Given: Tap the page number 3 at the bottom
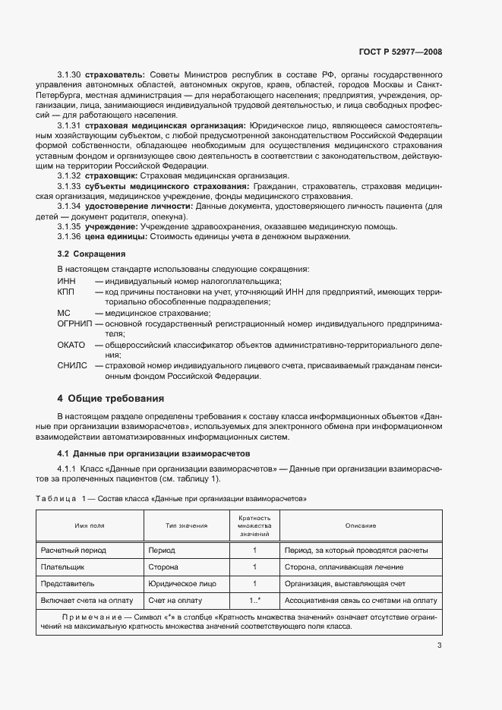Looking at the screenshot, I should click(439, 646).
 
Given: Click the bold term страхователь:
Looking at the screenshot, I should click(115, 74).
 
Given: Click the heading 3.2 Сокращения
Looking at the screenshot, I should click(92, 254).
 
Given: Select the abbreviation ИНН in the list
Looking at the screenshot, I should click(66, 282).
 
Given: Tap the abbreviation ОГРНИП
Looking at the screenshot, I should click(74, 323).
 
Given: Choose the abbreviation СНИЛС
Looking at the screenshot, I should click(71, 366).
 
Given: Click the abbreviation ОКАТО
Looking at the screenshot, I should click(71, 345).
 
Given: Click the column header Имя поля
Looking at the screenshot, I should click(89, 525).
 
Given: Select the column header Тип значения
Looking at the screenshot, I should click(185, 525).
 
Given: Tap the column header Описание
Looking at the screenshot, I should click(360, 525).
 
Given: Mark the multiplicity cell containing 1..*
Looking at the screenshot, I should click(254, 601).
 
